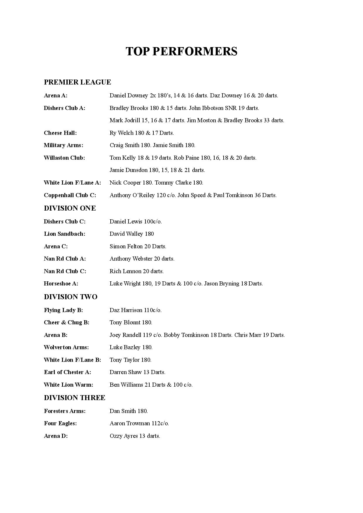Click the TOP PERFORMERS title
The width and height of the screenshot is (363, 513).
pyautogui.click(x=181, y=51)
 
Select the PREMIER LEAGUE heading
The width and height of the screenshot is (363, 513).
pyautogui.click(x=77, y=82)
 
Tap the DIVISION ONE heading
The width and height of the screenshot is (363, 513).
pyautogui.click(x=70, y=208)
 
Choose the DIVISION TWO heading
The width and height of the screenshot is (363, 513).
pyautogui.click(x=71, y=297)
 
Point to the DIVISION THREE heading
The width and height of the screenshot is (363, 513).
pyautogui.click(x=74, y=398)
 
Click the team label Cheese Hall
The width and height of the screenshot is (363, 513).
pyautogui.click(x=60, y=133)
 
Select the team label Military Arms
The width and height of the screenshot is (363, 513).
pyautogui.click(x=64, y=145)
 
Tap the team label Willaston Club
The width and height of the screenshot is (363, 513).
pyautogui.click(x=64, y=158)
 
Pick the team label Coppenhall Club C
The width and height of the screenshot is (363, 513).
pyautogui.click(x=70, y=195)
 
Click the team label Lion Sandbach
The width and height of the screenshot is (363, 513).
pyautogui.click(x=65, y=234)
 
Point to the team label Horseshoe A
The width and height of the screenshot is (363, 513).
pyautogui.click(x=61, y=284)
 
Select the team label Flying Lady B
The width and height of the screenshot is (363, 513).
pyautogui.click(x=64, y=310)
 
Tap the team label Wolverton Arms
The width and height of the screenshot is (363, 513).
pyautogui.click(x=66, y=347)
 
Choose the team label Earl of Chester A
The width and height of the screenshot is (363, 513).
pyautogui.click(x=68, y=372)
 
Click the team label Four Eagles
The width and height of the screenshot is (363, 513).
pyautogui.click(x=60, y=424)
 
